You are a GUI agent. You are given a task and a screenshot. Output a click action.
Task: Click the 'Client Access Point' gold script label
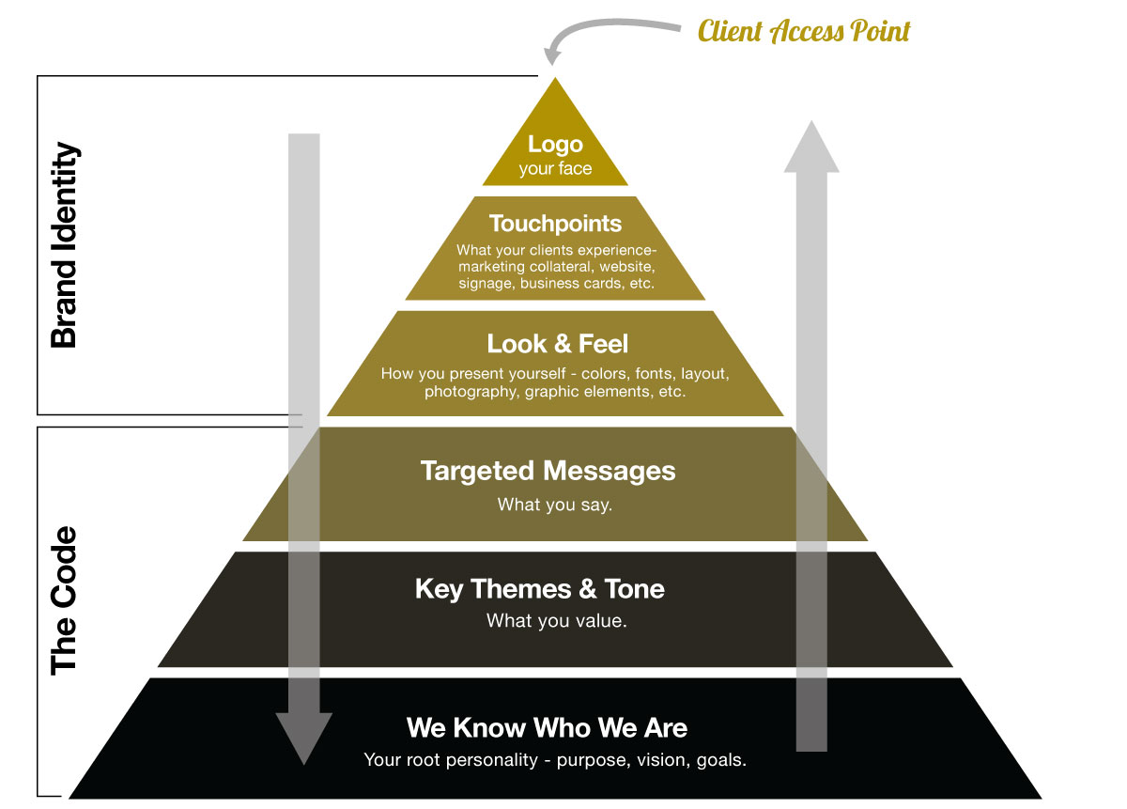[x=804, y=31]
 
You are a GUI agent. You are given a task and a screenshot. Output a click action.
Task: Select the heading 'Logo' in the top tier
[x=555, y=145]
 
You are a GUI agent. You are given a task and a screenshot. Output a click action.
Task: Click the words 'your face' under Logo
[x=555, y=169]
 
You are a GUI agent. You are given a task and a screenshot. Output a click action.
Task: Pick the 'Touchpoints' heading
[x=555, y=224]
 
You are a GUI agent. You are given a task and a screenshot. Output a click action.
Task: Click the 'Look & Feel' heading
[x=557, y=343]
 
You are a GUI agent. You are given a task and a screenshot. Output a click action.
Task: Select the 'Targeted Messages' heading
[x=548, y=471]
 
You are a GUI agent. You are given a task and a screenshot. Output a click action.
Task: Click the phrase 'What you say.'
[x=555, y=505]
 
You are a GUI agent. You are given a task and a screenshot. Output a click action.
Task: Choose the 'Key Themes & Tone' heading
[x=540, y=589]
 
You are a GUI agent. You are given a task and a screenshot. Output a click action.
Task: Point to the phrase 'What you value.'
[x=556, y=621]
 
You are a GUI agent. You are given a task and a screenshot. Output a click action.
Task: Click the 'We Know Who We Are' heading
[x=547, y=727]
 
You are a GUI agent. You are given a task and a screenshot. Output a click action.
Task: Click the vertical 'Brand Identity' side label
[x=63, y=245]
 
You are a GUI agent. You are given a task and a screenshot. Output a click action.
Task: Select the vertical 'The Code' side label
[x=63, y=600]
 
